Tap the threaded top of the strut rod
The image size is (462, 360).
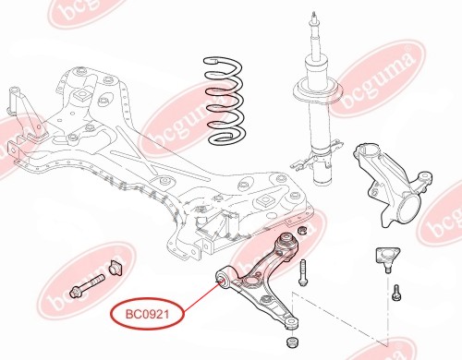(x=314, y=18)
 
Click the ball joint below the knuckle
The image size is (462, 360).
(x=387, y=258)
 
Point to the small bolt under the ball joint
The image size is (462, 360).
(x=396, y=293)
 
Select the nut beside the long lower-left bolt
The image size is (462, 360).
(x=115, y=267)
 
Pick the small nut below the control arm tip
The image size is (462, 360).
(x=292, y=342)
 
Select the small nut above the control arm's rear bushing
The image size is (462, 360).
(x=302, y=230)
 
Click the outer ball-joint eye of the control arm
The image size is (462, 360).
(x=291, y=323)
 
